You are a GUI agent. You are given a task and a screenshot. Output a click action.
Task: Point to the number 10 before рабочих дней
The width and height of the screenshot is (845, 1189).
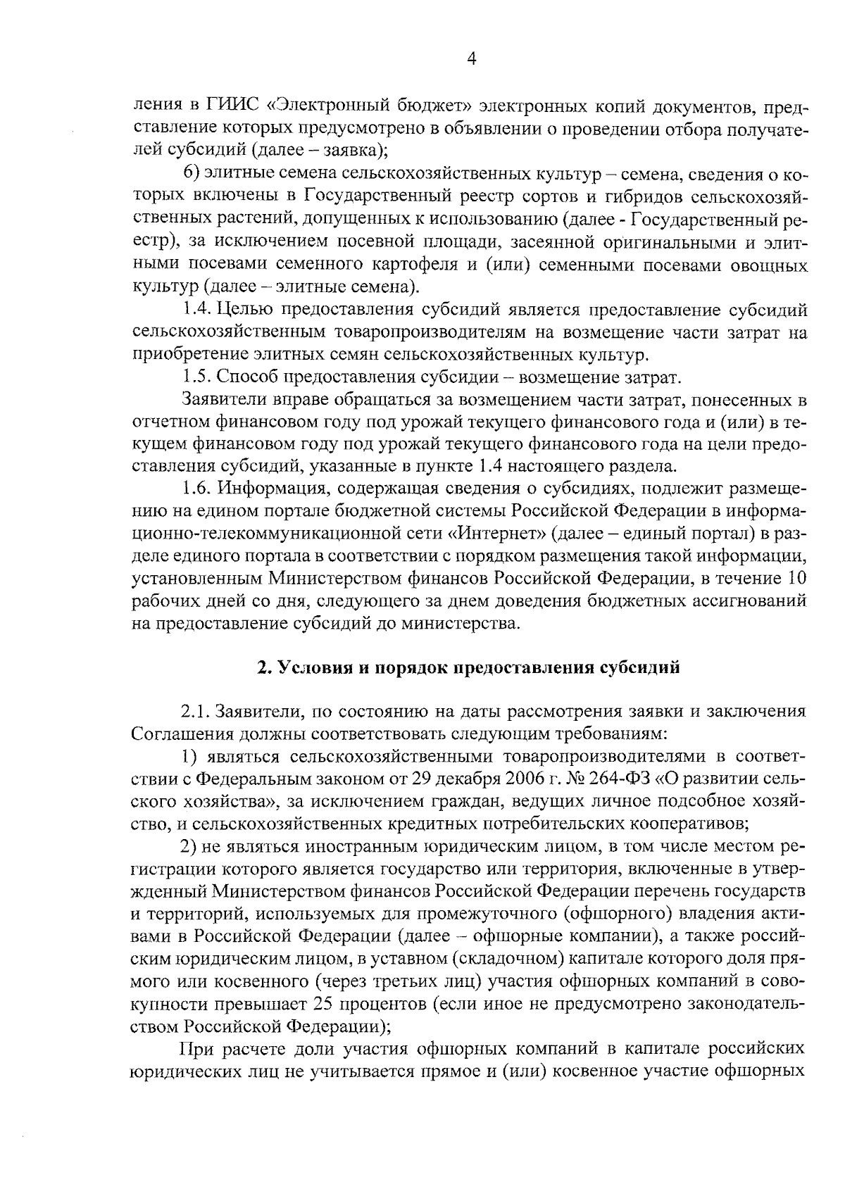pyautogui.click(x=796, y=578)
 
